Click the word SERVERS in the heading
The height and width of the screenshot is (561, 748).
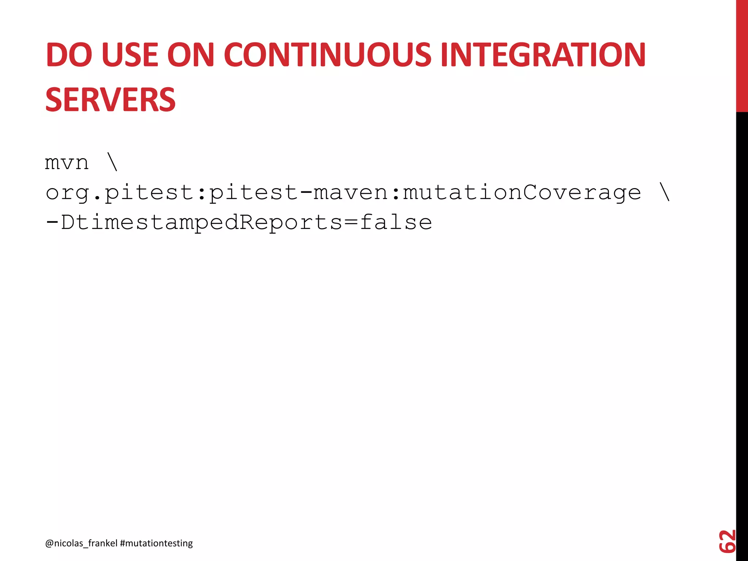click(110, 100)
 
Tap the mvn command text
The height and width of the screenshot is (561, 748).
click(66, 163)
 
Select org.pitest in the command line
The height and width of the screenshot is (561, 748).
click(119, 192)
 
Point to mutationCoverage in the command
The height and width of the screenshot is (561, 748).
click(522, 192)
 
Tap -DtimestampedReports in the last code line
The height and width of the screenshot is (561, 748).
click(194, 222)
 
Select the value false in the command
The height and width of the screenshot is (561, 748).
click(396, 222)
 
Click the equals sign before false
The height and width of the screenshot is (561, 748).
click(351, 222)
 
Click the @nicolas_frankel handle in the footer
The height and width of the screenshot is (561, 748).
click(81, 543)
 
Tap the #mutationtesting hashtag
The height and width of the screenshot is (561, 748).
click(156, 543)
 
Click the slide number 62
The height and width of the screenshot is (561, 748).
click(726, 541)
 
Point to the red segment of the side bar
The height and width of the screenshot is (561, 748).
click(742, 55)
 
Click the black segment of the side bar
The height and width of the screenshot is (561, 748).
click(742, 329)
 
